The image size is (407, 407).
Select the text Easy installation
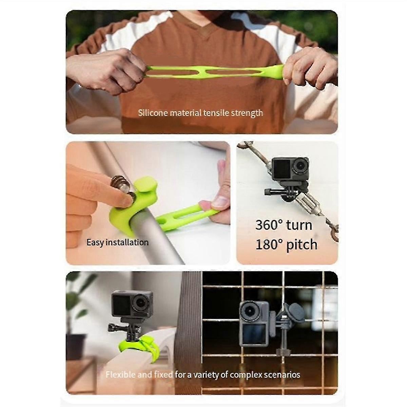(x=117, y=243)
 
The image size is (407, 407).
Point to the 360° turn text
(x=284, y=225)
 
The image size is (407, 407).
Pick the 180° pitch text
(x=286, y=245)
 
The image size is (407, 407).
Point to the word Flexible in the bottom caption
(x=120, y=375)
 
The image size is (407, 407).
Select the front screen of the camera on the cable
(x=282, y=167)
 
